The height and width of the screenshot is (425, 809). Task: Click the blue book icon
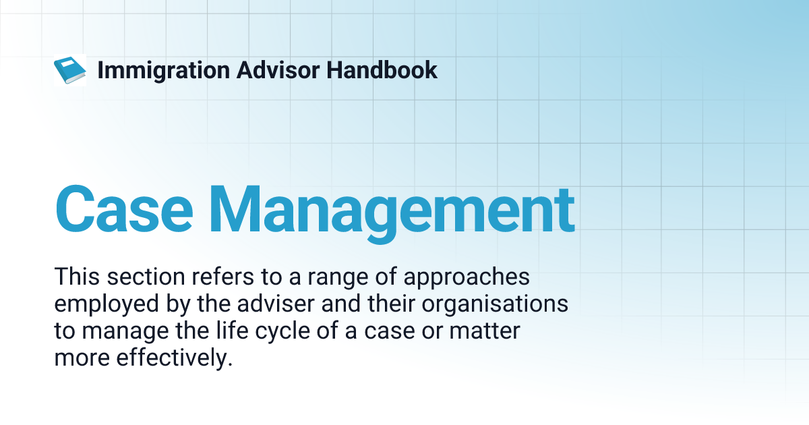tap(69, 69)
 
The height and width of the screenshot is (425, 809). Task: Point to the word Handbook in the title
tap(382, 70)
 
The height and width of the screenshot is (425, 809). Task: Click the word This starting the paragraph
tap(75, 277)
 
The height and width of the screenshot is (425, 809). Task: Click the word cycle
tap(260, 333)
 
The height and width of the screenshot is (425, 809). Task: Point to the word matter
tap(488, 331)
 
